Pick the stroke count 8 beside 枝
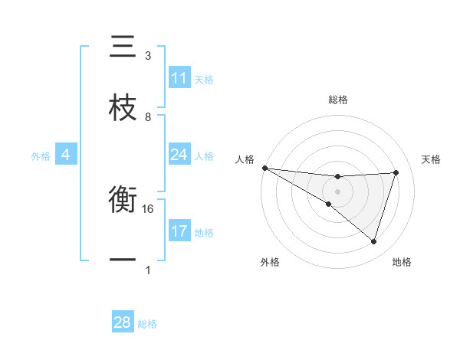(x=148, y=116)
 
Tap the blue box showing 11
(x=179, y=78)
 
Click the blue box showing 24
(x=179, y=155)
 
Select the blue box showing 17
(x=179, y=231)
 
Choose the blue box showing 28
(x=123, y=322)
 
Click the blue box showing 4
(x=66, y=155)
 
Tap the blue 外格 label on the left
(x=41, y=155)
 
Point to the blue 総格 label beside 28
(x=147, y=324)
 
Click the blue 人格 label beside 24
(x=204, y=155)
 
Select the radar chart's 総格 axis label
(x=338, y=100)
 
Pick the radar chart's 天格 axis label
(x=431, y=159)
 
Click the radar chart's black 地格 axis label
(x=402, y=262)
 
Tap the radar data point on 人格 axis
(x=264, y=167)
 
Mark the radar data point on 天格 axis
(x=396, y=172)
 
